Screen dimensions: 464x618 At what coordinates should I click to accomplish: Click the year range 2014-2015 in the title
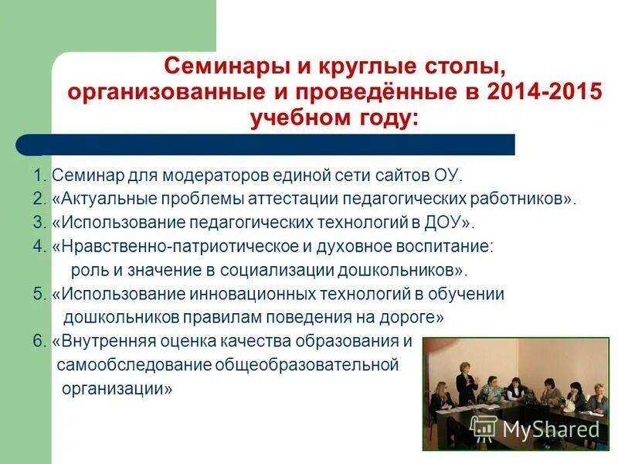click(544, 93)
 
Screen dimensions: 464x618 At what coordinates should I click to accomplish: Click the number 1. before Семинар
click(40, 175)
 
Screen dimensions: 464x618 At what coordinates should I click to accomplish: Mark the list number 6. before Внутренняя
click(40, 342)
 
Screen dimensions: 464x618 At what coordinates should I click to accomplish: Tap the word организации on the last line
click(117, 390)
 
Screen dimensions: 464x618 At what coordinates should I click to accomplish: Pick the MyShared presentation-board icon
click(484, 428)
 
